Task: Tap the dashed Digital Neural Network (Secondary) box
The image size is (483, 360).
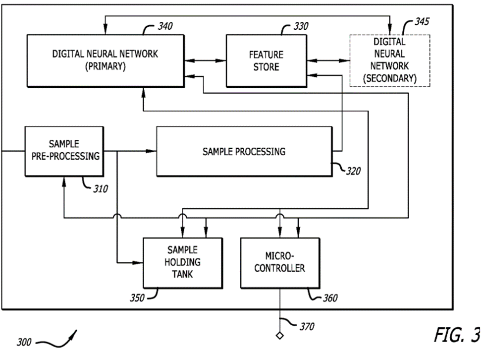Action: [390, 60]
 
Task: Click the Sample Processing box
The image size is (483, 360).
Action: [244, 151]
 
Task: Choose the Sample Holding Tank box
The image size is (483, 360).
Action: [182, 262]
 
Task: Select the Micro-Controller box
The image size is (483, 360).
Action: [280, 262]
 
